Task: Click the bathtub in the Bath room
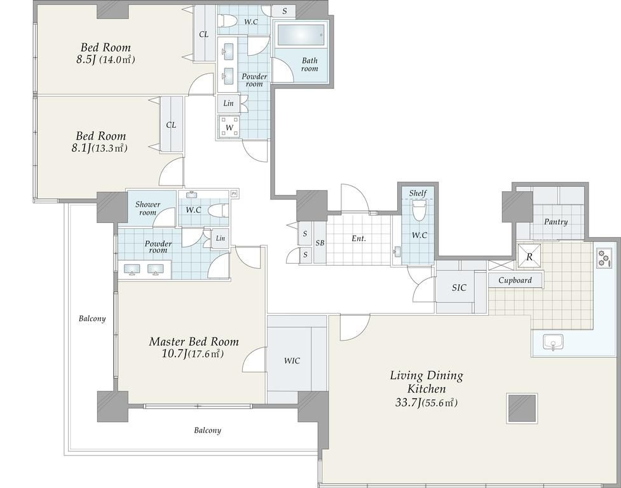301,35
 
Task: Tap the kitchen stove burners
604,258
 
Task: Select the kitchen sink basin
553,342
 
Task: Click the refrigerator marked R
529,256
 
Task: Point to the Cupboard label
515,280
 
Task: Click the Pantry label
556,222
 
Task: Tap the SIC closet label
459,288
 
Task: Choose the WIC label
292,360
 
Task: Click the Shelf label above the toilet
418,193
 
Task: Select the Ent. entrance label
359,238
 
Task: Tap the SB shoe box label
320,243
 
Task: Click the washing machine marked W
229,127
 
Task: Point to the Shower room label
147,208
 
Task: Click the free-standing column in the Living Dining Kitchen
522,408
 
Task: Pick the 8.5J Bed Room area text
106,60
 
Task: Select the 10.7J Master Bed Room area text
193,354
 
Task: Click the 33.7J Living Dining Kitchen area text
426,403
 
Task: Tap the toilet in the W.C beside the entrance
418,210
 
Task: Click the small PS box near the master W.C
234,194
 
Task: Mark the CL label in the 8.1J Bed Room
171,125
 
